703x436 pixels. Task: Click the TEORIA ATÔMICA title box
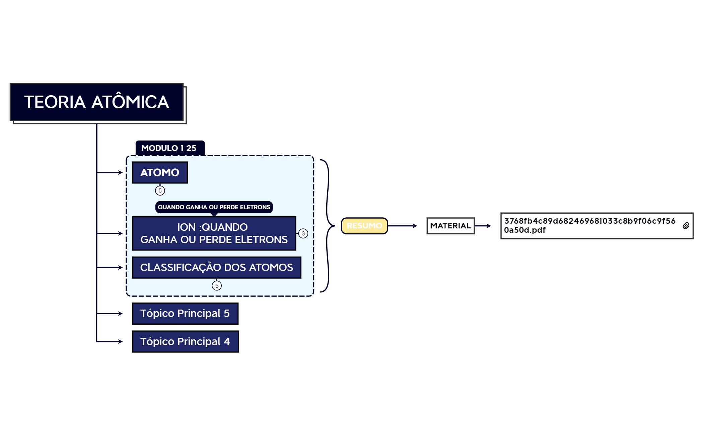(96, 102)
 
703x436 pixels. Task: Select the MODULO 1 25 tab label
(169, 148)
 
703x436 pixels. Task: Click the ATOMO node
(160, 172)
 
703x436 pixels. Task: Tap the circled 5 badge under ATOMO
(160, 190)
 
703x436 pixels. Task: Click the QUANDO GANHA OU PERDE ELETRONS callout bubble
(214, 207)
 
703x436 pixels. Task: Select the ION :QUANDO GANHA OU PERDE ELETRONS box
(214, 233)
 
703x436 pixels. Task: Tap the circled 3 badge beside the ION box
(303, 233)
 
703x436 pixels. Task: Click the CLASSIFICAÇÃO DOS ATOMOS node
(216, 267)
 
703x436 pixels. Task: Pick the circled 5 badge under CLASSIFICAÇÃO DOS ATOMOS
(217, 286)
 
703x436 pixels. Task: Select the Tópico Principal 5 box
(185, 313)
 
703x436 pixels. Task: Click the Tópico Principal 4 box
(185, 341)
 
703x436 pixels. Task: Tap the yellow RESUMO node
(364, 226)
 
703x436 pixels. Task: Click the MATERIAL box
(450, 226)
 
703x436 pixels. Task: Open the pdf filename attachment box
(589, 226)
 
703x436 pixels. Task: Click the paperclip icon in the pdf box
(686, 226)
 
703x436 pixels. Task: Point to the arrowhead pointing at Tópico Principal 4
(120, 341)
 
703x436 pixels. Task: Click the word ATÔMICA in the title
(130, 102)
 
